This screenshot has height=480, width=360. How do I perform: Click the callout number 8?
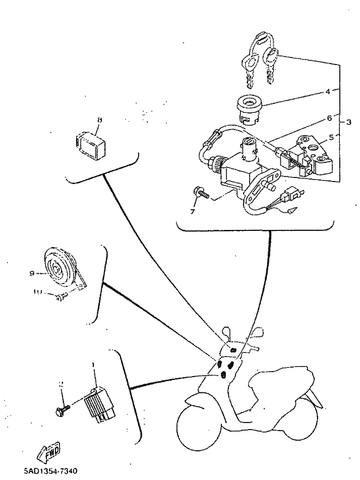pos(99,120)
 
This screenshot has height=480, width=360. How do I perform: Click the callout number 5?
pos(331,136)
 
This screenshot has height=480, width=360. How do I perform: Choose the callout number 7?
pos(192,211)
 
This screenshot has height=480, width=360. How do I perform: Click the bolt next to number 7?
pos(200,192)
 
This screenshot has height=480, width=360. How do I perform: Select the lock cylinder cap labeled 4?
pos(249,108)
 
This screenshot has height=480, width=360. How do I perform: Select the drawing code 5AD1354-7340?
pos(50,472)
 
